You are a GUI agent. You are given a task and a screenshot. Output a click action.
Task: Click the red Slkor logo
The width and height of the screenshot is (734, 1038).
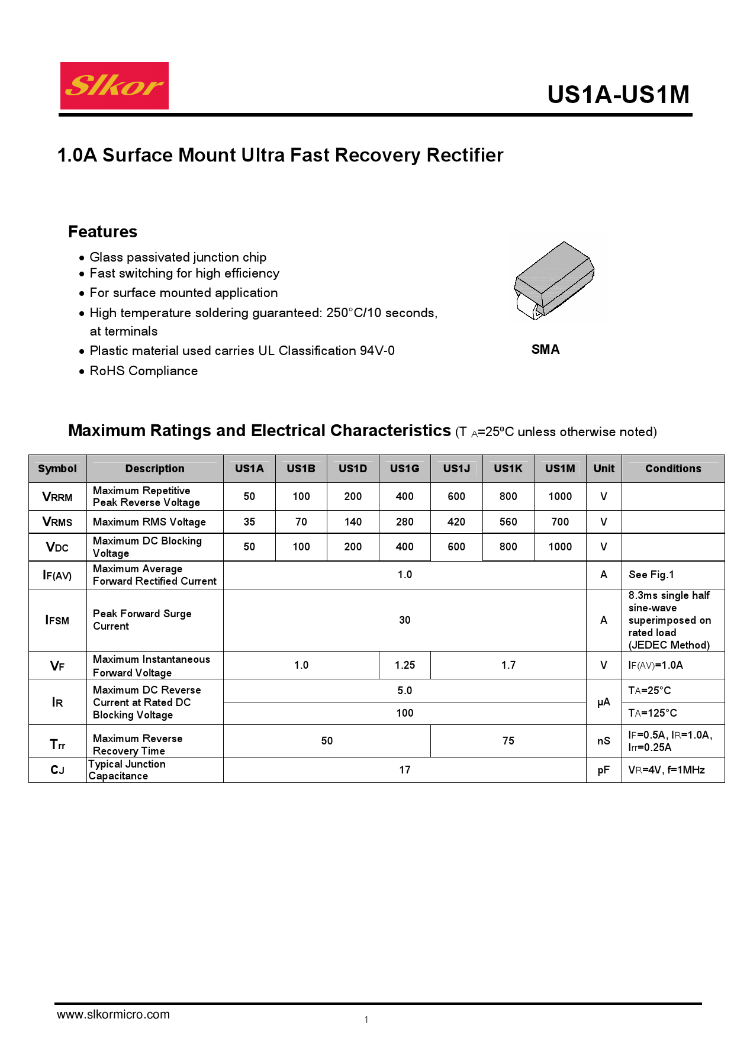[114, 86]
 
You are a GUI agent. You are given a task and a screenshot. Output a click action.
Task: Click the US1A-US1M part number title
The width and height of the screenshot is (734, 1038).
[618, 95]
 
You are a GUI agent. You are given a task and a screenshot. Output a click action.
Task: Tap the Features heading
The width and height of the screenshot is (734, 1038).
[102, 231]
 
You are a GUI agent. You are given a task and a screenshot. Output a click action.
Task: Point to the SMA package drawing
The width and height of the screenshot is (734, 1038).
[554, 280]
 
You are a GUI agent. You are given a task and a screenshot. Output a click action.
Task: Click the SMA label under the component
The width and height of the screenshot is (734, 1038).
[545, 350]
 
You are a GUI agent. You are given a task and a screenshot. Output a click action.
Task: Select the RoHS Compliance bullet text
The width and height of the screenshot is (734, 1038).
[144, 371]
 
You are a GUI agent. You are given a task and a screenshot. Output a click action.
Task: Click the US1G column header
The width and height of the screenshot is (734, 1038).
[404, 469]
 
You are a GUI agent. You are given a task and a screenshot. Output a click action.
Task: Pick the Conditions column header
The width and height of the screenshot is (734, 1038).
[673, 469]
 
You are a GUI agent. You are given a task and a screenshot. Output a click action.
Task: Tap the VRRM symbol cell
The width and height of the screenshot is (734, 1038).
[57, 497]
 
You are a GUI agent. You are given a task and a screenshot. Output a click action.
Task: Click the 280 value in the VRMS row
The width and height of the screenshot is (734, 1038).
[404, 522]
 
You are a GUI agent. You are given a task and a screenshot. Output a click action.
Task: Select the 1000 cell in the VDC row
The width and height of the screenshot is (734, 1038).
[560, 547]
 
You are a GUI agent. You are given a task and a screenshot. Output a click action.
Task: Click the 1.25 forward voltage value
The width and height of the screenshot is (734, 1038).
[405, 665]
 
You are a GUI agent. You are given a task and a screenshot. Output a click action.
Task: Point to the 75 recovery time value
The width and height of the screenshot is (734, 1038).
[508, 741]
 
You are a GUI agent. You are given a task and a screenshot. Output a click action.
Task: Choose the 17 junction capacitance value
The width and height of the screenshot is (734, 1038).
[405, 770]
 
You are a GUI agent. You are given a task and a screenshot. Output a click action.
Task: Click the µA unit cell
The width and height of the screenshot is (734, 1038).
[604, 702]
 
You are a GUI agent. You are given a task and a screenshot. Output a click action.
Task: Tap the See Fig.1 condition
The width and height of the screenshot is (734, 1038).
[651, 575]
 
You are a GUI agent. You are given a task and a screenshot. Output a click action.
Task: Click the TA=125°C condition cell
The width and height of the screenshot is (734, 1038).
[652, 713]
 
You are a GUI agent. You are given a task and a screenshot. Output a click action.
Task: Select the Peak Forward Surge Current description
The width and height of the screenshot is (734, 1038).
[142, 620]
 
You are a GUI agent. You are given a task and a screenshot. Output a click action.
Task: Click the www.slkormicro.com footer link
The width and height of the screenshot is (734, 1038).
[113, 1014]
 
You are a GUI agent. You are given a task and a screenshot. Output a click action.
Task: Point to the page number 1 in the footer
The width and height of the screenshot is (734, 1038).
[366, 1020]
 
